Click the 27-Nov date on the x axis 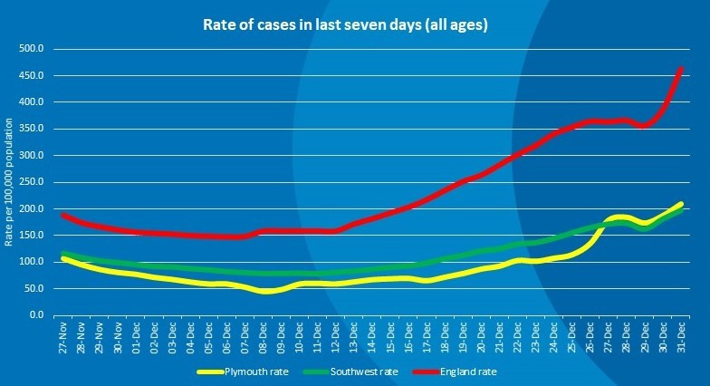[x=62, y=336]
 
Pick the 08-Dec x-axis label [x=263, y=336]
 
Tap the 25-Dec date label [x=571, y=336]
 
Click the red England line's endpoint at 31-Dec [x=681, y=67]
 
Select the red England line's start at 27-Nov [x=62, y=215]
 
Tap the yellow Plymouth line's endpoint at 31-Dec [x=681, y=205]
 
